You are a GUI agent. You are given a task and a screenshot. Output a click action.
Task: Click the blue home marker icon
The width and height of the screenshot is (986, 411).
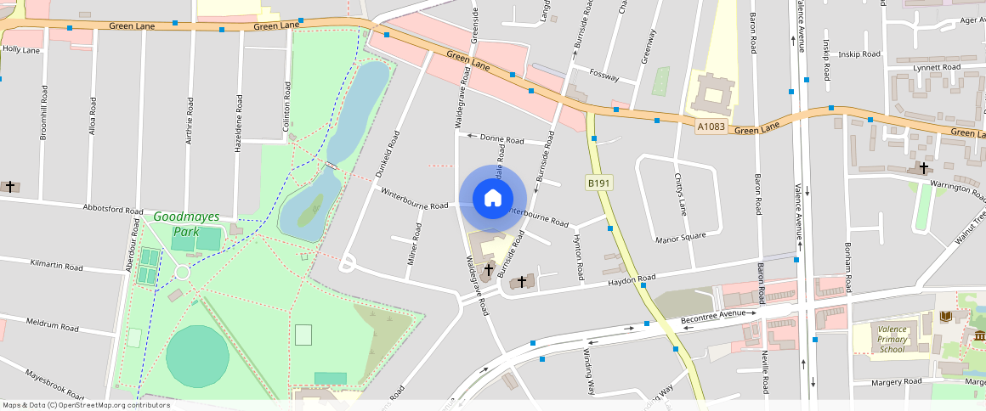(x=492, y=199)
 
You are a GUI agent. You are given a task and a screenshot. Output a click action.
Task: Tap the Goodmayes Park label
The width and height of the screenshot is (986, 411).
(x=186, y=224)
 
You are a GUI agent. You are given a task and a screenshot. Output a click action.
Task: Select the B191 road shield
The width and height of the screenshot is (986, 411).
(x=599, y=183)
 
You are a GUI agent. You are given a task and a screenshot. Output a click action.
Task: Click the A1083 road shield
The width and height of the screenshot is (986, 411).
(x=711, y=127)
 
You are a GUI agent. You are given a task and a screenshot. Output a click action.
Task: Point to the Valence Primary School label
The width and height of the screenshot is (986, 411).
(x=892, y=339)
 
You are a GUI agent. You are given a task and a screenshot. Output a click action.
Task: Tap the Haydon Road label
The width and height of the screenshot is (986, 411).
(x=630, y=280)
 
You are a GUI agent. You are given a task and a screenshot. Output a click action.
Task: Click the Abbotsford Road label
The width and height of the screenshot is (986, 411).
(x=113, y=209)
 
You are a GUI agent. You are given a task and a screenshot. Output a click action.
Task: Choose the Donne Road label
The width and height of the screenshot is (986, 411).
(x=502, y=138)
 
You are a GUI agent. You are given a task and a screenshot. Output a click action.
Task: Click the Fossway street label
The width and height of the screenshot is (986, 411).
(x=603, y=75)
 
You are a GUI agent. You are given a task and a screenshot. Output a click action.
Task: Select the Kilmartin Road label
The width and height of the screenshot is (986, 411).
(x=56, y=266)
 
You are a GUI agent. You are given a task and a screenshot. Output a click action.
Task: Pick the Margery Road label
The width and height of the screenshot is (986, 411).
(x=897, y=382)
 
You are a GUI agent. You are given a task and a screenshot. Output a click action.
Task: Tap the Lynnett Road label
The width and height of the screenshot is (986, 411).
(x=937, y=67)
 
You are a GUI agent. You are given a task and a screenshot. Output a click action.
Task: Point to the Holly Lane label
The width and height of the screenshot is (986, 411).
(x=21, y=50)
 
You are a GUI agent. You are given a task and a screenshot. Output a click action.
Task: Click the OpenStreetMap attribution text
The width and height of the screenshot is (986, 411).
(x=86, y=405)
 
